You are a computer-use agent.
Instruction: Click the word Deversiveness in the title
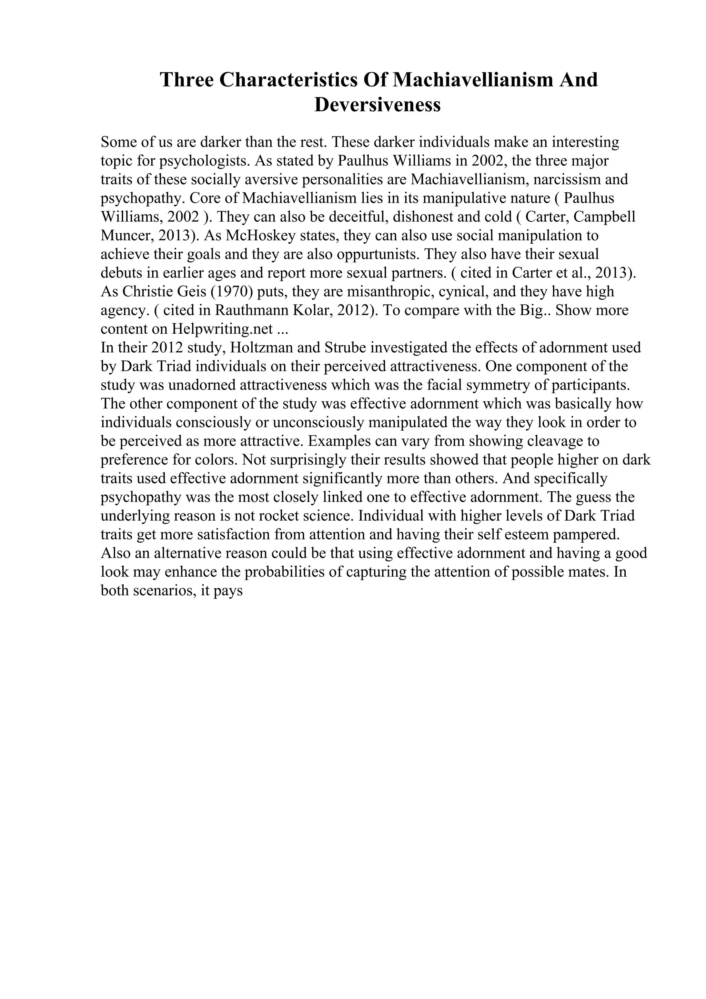point(377,105)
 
